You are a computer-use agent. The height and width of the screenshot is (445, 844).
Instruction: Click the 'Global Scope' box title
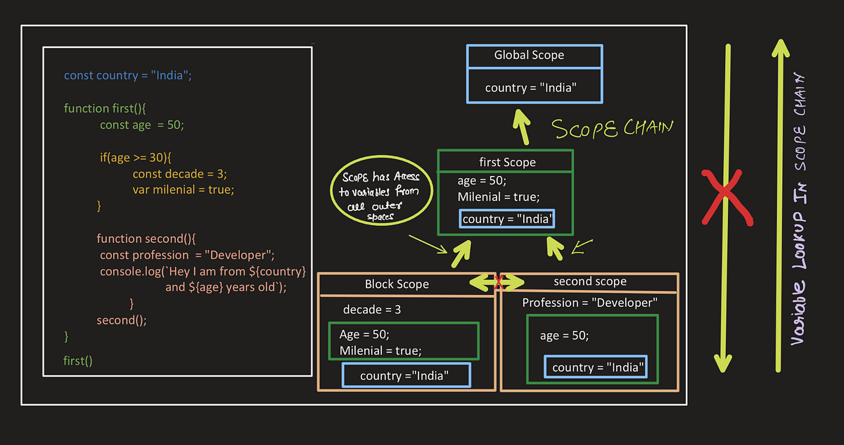coord(529,55)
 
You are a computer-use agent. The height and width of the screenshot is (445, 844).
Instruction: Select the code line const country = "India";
coord(127,75)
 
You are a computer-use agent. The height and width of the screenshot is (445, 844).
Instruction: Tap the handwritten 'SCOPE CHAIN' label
coord(611,129)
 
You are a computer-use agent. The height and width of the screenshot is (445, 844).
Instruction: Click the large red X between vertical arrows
coord(727,197)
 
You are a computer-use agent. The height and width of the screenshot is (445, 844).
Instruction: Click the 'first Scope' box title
coord(507,162)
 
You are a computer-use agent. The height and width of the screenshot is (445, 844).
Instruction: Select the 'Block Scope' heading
coord(397,284)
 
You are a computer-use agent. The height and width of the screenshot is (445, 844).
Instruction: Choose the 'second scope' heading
coord(589,282)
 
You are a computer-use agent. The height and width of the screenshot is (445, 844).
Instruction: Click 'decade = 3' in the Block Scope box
coord(372,310)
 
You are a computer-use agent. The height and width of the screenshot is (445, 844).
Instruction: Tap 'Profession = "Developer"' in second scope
coord(589,303)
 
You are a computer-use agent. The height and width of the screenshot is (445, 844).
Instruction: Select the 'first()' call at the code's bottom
coord(77,361)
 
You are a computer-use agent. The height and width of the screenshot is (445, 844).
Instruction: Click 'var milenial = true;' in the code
coord(183,189)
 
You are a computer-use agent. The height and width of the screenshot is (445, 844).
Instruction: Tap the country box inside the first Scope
coord(506,220)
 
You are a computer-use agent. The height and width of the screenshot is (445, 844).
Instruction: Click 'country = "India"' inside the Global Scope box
coord(530,88)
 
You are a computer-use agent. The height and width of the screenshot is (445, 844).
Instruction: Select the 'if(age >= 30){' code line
coord(140,157)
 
